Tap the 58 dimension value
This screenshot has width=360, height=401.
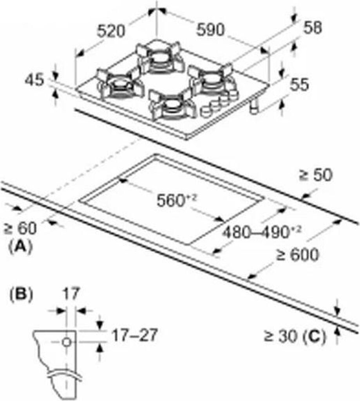312,28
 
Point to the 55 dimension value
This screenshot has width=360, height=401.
300,84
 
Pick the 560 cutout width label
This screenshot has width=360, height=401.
176,201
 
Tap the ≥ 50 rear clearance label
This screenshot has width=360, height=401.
316,175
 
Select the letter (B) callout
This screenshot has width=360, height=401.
20,294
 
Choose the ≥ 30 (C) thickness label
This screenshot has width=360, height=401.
294,337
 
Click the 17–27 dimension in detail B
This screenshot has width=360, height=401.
134,335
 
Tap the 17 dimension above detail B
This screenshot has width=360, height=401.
71,293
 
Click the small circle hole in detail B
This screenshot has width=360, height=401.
67,342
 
